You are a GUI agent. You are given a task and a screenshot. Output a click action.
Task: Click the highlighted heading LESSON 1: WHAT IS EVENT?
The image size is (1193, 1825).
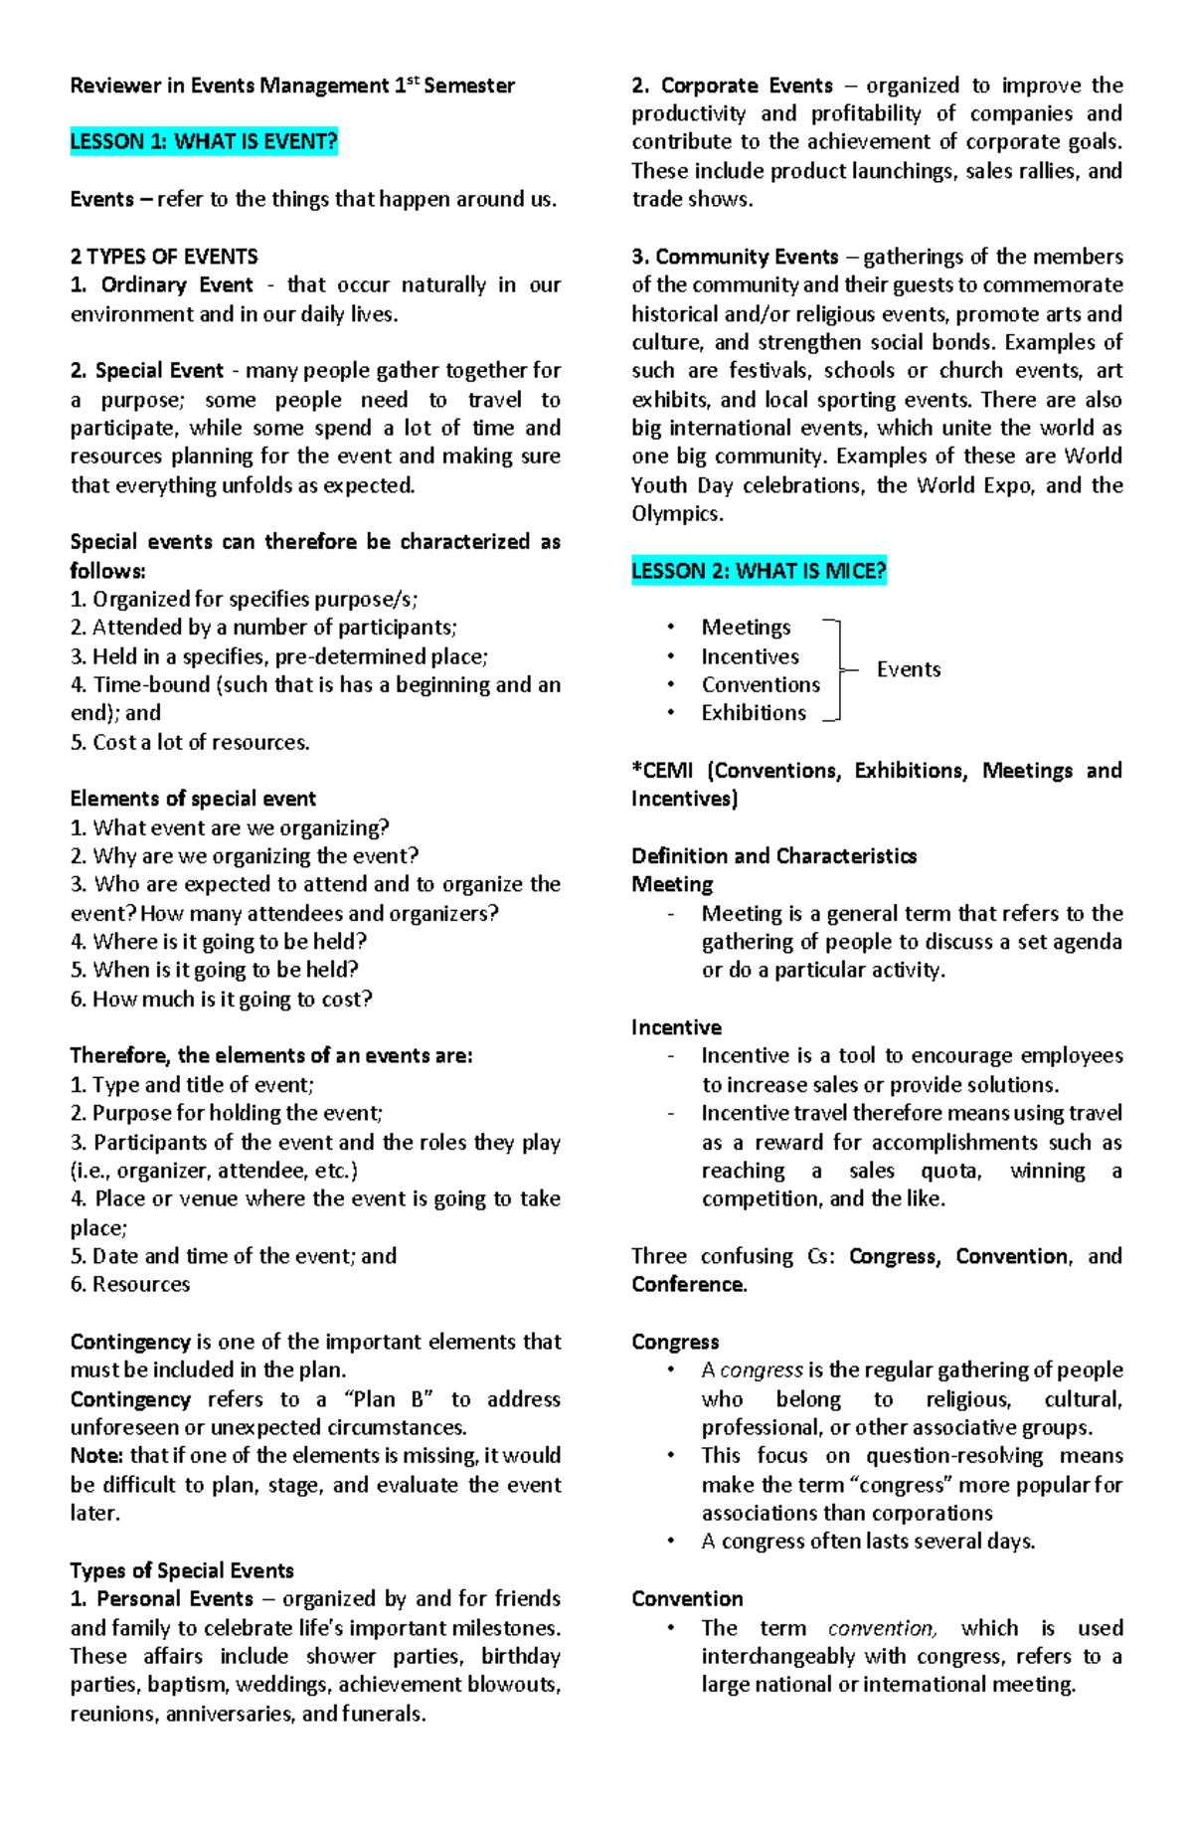coord(204,142)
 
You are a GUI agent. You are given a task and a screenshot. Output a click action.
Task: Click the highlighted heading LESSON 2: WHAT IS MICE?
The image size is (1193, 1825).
coord(759,572)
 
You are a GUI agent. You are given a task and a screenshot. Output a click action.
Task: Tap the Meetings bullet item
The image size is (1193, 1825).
coord(746,628)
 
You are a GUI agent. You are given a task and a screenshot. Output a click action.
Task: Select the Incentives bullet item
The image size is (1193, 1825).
coord(750,656)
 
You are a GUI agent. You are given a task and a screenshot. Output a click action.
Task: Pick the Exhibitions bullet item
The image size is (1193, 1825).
coord(754,713)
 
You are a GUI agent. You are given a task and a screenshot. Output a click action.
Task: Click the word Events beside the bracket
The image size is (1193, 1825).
coord(908,669)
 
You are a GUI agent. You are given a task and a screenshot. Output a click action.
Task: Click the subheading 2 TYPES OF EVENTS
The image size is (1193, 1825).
coord(164,257)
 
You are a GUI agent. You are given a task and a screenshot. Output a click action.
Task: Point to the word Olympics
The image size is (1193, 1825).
coord(677,514)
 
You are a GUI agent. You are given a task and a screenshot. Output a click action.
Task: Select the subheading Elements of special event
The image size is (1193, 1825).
coord(193,799)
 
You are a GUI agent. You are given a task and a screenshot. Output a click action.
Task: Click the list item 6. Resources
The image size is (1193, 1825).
coord(130,1284)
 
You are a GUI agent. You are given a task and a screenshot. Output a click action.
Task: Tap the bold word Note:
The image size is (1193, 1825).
coord(96,1456)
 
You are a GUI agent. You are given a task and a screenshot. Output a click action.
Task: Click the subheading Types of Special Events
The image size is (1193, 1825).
coord(182,1570)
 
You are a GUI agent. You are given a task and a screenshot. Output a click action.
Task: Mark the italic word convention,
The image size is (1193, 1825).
coord(882,1628)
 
